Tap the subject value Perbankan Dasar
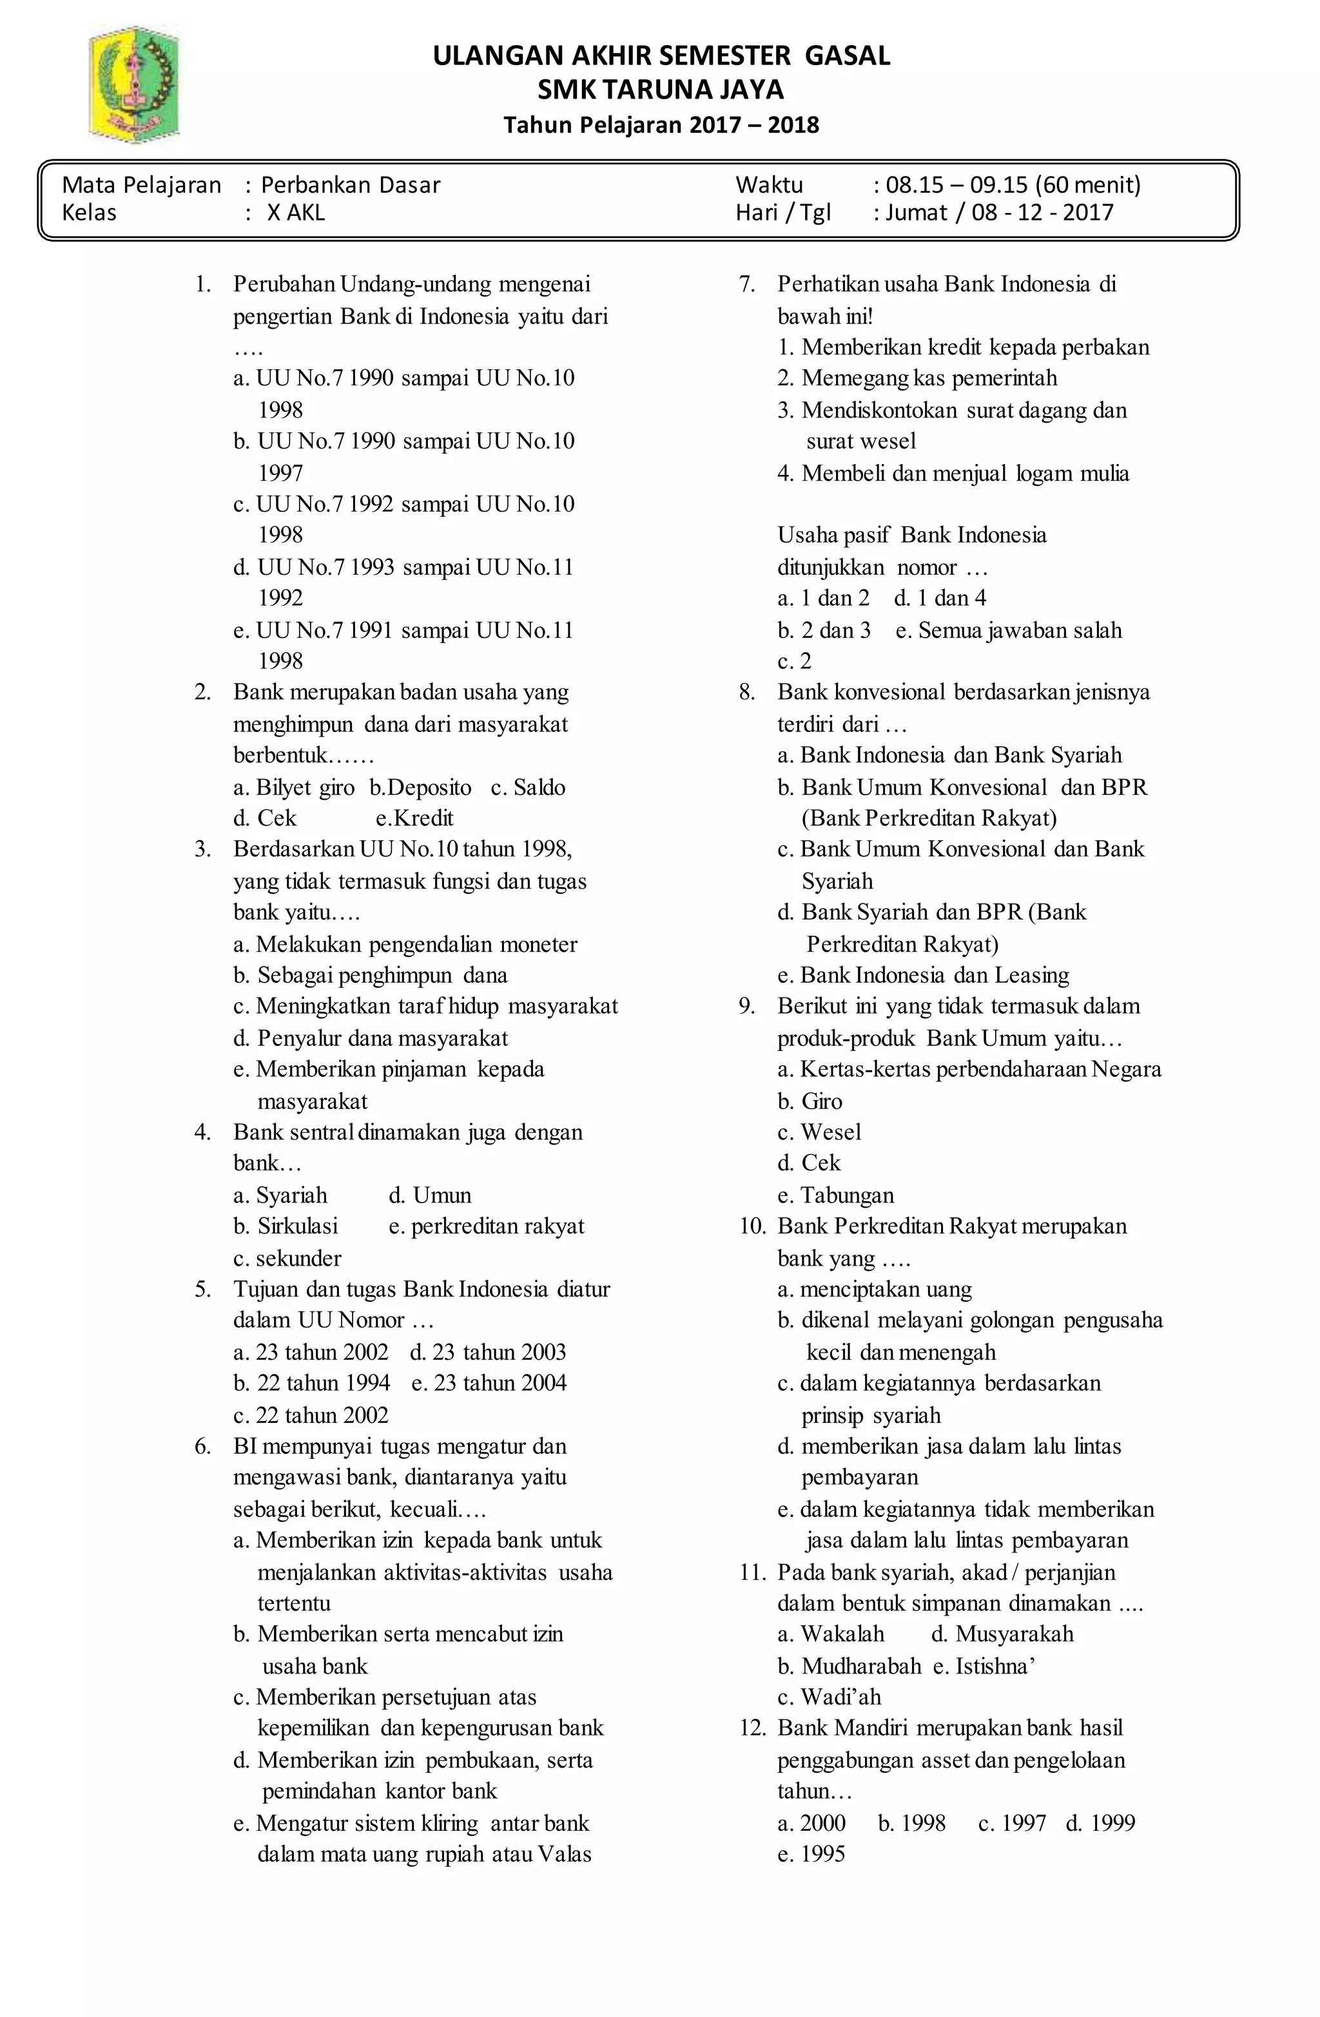click(350, 185)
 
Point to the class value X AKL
click(296, 212)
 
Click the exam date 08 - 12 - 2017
click(1042, 212)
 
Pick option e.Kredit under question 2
click(414, 818)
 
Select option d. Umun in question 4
click(430, 1195)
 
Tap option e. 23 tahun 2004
click(489, 1382)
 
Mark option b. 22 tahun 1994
click(312, 1382)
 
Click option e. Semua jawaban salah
click(1008, 630)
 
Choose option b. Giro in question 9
click(810, 1101)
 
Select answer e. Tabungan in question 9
click(835, 1195)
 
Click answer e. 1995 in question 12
click(811, 1853)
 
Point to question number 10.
click(752, 1226)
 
